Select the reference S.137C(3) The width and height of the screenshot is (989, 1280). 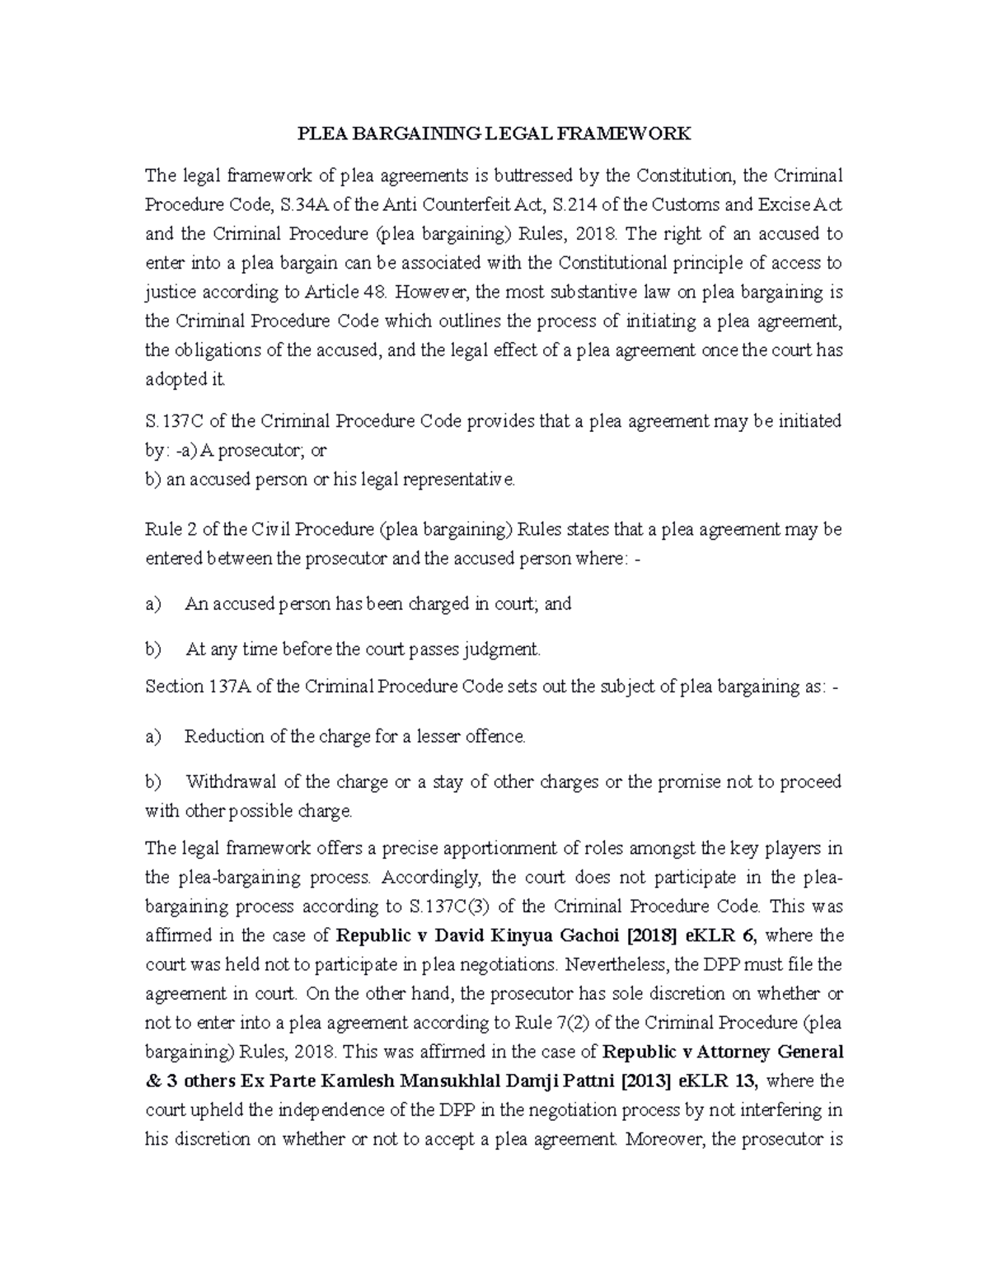pyautogui.click(x=448, y=907)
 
